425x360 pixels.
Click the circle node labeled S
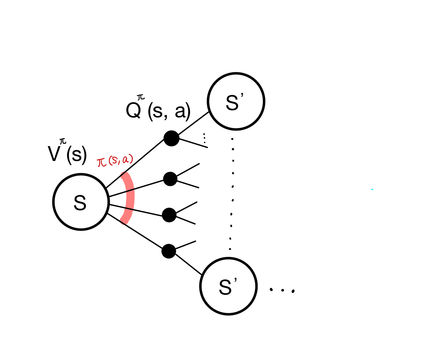click(x=81, y=202)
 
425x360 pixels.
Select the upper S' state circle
click(x=236, y=101)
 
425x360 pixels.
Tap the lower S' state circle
click(x=228, y=286)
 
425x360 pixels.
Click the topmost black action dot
click(x=172, y=138)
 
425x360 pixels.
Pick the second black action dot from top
click(x=170, y=179)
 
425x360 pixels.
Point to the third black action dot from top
click(x=169, y=215)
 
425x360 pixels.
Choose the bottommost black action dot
click(x=169, y=251)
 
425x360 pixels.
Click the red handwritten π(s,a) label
click(x=115, y=161)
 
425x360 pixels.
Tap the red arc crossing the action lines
click(x=130, y=197)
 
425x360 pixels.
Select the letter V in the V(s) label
click(x=54, y=155)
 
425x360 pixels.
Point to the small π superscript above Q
click(x=141, y=97)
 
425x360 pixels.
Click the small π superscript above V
click(x=63, y=141)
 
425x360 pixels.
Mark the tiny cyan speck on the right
click(x=372, y=189)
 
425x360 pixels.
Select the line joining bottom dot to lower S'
click(x=188, y=265)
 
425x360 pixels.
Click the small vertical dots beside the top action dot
click(x=204, y=138)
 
